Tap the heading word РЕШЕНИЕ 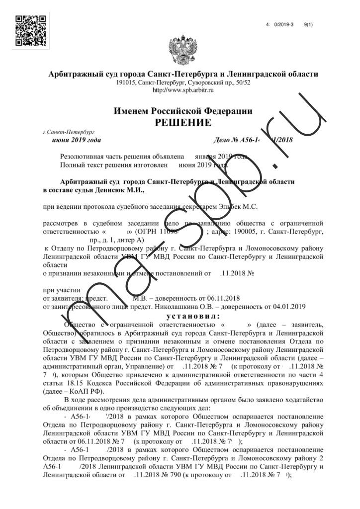pyautogui.click(x=182, y=122)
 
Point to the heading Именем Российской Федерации pyautogui.click(x=182, y=111)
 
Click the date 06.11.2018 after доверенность pyautogui.click(x=223, y=298)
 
